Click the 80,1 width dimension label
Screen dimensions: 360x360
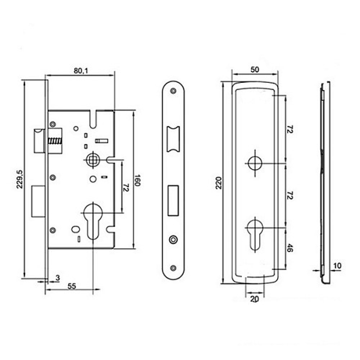coord(81,71)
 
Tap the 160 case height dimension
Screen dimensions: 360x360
coord(137,180)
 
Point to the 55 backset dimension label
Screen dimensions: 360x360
coord(72,286)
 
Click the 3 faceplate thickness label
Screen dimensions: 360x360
coord(58,278)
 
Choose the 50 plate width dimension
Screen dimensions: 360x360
coord(255,69)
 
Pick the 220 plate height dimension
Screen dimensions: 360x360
coord(219,183)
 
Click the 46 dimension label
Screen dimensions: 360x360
coord(290,248)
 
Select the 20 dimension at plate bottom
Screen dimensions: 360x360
coord(255,299)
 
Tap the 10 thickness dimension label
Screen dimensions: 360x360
coord(337,266)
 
